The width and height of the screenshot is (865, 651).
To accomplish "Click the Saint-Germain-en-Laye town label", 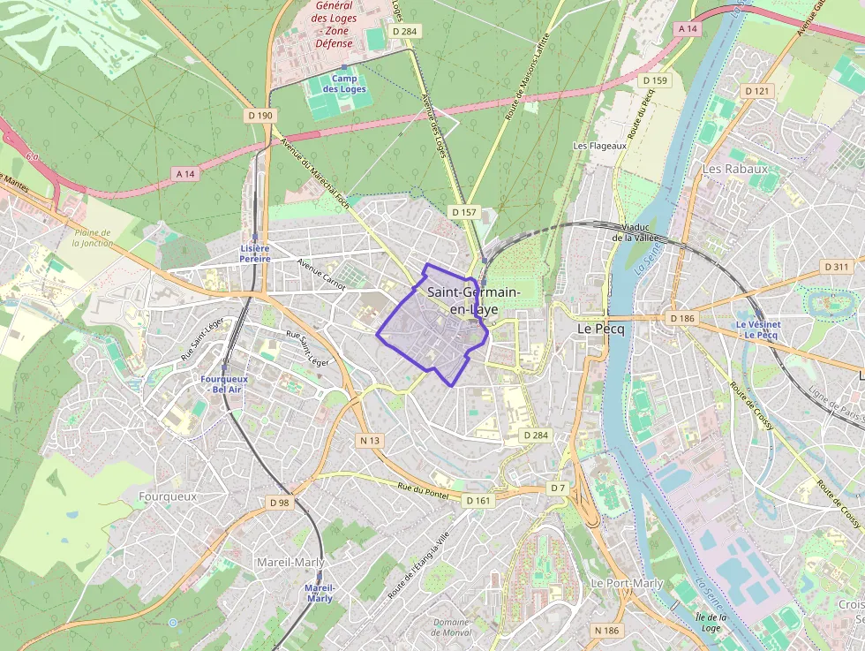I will coord(472,300).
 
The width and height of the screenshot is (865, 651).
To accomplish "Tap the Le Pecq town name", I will coord(600,328).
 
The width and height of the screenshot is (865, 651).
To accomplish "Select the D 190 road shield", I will coord(260,115).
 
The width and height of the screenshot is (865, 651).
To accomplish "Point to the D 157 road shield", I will coord(463,212).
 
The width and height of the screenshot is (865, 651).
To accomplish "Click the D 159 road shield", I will coord(655,80).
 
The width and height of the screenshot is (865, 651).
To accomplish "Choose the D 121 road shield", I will coord(757,91).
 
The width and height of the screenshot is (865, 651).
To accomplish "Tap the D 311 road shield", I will coord(835,267).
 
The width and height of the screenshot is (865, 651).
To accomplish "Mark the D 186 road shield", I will coord(682,317).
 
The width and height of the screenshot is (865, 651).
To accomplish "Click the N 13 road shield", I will coord(370,439).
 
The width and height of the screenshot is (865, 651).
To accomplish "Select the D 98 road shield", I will coord(279,503).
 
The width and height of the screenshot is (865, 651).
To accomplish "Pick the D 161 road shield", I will coord(478,501).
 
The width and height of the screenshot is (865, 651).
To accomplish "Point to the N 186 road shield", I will coord(607,630).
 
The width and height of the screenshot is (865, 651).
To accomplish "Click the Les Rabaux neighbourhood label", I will coord(734,168).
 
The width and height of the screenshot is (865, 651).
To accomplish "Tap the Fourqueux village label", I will coord(168,496).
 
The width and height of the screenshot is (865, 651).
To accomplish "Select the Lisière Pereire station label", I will coord(255,254).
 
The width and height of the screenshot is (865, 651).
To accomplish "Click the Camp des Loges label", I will coord(344,84).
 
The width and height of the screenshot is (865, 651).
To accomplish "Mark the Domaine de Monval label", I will coord(451,627).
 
